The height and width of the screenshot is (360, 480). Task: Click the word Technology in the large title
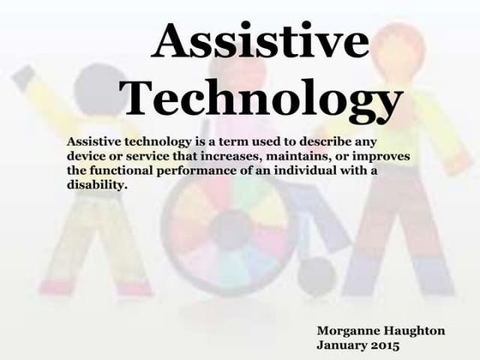coord(261,100)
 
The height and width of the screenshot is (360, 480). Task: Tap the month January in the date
coord(345,345)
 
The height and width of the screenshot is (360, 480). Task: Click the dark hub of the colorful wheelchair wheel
coord(230,230)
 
